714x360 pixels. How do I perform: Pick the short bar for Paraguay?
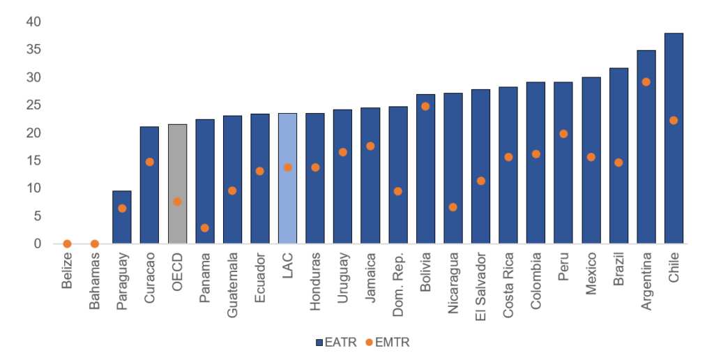click(x=122, y=217)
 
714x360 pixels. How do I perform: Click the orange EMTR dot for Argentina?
click(x=646, y=82)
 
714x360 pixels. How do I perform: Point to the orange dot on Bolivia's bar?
click(x=425, y=106)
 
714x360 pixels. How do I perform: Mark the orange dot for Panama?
click(x=205, y=227)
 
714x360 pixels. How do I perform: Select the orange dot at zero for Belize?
click(x=67, y=243)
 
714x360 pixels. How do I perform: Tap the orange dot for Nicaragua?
click(x=453, y=207)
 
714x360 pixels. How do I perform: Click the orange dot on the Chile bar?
click(x=674, y=120)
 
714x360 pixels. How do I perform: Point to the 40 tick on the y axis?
click(x=33, y=22)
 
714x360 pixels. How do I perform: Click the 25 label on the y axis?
click(x=33, y=105)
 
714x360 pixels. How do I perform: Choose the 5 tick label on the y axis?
click(x=37, y=216)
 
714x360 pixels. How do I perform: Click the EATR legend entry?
click(x=336, y=343)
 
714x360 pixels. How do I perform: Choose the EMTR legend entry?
click(x=390, y=343)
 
